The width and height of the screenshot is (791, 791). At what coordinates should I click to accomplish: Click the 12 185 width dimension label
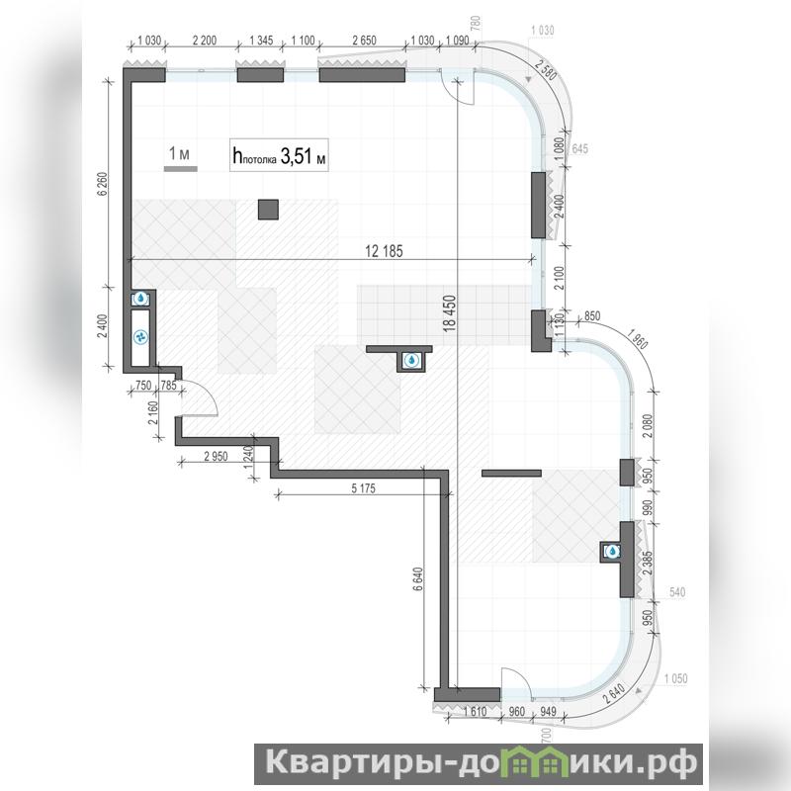tap(384, 251)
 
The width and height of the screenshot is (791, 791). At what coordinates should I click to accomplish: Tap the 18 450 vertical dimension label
tap(450, 313)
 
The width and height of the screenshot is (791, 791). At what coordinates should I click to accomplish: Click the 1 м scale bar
tap(181, 169)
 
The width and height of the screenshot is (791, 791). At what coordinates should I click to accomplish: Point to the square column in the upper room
tap(268, 210)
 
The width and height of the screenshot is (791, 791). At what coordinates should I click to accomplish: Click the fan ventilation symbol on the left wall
tap(141, 337)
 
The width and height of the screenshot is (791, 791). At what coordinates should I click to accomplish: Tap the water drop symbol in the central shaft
tap(412, 360)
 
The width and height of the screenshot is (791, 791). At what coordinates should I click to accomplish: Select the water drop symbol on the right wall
tap(612, 552)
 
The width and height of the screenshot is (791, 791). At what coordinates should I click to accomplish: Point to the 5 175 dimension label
tap(363, 488)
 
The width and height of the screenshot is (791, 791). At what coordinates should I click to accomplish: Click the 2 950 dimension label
tap(216, 457)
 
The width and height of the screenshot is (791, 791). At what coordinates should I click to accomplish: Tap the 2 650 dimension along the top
tap(364, 41)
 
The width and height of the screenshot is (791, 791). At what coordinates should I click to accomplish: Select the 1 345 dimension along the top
tap(261, 41)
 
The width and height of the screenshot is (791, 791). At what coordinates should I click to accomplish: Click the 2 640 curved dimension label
tap(614, 694)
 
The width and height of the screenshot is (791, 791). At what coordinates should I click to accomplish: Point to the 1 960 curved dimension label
tap(637, 338)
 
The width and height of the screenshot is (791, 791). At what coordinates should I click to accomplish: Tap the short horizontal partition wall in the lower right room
tap(511, 474)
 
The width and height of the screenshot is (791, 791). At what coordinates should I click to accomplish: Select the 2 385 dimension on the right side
tap(648, 563)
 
